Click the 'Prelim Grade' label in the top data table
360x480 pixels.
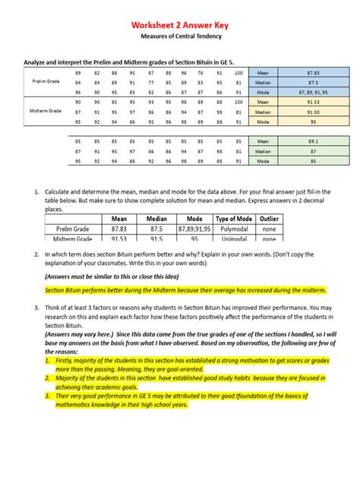tap(47, 81)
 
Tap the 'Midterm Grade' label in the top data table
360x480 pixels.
tap(47, 111)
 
